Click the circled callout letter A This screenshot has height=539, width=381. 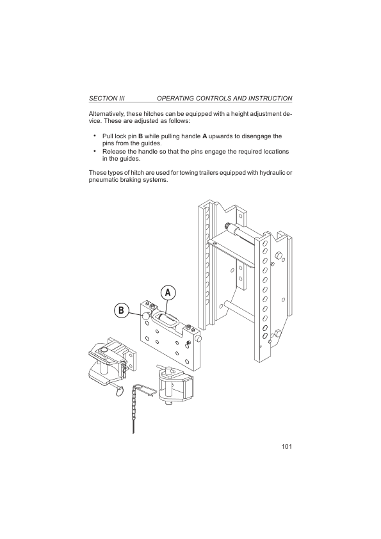[x=168, y=293]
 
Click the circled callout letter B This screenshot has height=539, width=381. [x=122, y=310]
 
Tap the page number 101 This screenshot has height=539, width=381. [x=287, y=447]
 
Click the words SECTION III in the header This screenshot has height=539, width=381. [x=106, y=99]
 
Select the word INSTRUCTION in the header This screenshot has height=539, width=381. [x=270, y=99]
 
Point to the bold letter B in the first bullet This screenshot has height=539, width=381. [x=140, y=136]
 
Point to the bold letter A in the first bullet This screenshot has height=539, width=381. [x=204, y=136]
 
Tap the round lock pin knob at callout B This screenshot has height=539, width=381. [x=146, y=316]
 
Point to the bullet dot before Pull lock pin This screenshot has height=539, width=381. [x=94, y=135]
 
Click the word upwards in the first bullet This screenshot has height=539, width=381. [x=221, y=136]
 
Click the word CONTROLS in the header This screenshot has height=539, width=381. [x=213, y=99]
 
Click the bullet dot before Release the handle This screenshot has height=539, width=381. [x=94, y=150]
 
